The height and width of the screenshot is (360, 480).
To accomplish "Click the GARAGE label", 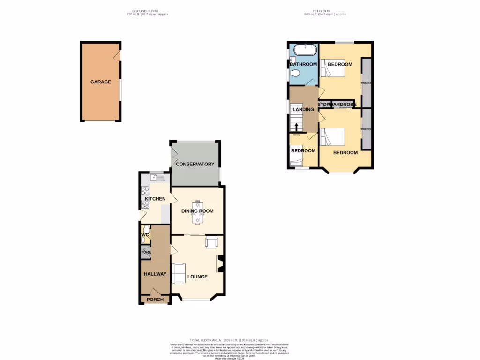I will point(101,82).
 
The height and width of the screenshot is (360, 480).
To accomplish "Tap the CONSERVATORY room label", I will point(195,164).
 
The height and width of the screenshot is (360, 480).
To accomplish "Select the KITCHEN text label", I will point(155,199).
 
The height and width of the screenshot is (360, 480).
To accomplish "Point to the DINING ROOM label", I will point(198,211).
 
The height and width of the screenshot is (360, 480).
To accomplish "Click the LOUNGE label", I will point(197,277).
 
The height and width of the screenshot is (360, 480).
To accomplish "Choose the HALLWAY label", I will point(155,274).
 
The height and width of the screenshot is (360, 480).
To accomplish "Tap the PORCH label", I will point(155,300).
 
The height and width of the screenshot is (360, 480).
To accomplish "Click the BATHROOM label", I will point(303,64).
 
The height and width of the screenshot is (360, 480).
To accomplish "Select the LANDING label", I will point(303,110).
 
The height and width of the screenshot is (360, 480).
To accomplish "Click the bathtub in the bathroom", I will point(304,48).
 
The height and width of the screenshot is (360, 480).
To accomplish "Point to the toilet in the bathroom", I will point(295,73).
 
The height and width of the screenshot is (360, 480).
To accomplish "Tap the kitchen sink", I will point(157,178).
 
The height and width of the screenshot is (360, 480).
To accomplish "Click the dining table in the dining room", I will point(198,211).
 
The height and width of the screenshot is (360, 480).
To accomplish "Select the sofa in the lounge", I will point(179,273).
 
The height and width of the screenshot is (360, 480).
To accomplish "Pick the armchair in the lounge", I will point(212,242).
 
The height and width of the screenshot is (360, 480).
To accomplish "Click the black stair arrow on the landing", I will point(296,127).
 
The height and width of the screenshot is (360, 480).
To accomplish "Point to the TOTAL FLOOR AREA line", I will point(229,340).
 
